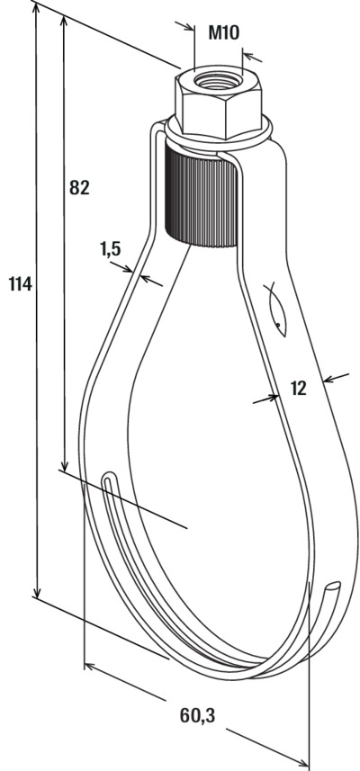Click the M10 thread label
224,32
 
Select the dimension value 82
79,187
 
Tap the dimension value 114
21,283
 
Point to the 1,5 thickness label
110,249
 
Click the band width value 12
298,389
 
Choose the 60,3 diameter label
197,716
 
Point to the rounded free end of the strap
333,586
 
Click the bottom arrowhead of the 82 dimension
63,463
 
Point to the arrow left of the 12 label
265,399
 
